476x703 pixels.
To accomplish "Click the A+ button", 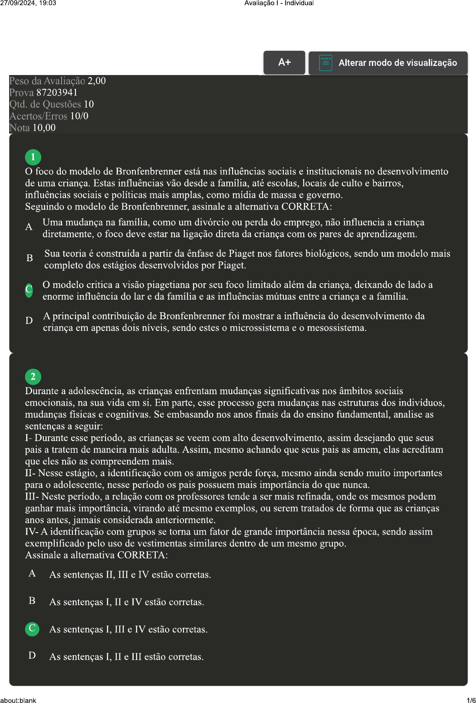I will click(x=284, y=62).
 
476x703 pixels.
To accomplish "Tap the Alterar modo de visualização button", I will click(x=388, y=63).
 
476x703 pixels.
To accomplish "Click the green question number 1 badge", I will click(x=33, y=157).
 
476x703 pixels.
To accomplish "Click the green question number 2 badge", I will click(x=33, y=376).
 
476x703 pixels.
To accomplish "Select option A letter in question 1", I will click(x=29, y=227).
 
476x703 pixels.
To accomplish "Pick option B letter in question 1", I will click(x=30, y=258).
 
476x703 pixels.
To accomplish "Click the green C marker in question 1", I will click(x=29, y=289).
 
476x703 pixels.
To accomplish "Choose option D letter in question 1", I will click(x=29, y=320).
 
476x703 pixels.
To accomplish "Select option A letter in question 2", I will click(x=32, y=573).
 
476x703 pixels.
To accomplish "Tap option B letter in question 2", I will click(x=32, y=601).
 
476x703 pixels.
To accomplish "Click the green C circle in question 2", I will click(x=32, y=628).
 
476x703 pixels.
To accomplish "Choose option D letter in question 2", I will click(x=32, y=655).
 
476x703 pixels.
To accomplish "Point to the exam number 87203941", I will click(x=57, y=92).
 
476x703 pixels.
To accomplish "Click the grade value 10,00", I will click(x=44, y=128).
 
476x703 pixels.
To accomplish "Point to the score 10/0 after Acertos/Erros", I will click(x=79, y=116).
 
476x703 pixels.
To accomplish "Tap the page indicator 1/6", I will click(x=471, y=700).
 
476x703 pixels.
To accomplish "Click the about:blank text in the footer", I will click(x=18, y=700).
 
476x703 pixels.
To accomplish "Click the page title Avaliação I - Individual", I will click(x=279, y=3).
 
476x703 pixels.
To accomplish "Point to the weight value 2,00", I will click(x=97, y=81).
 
